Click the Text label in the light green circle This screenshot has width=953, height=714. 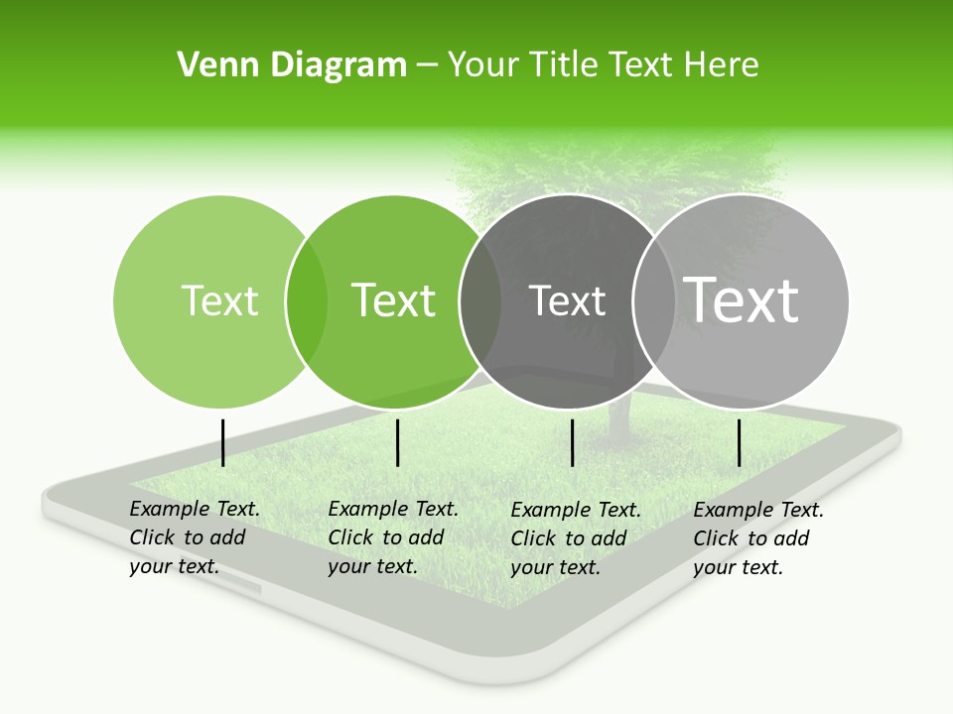point(219,300)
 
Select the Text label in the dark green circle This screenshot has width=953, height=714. point(393,300)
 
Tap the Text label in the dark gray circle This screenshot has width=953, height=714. point(567,301)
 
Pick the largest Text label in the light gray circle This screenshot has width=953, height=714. point(741,299)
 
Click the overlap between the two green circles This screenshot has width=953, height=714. point(307,300)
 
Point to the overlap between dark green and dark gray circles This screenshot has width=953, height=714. point(480,300)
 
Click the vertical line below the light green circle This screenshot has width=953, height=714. point(222,442)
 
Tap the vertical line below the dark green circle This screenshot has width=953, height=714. point(397,442)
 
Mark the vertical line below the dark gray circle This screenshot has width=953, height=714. point(572,442)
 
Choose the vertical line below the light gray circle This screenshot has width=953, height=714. point(739,442)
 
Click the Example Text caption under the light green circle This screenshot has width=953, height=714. point(194,537)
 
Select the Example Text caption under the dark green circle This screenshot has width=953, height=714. point(392,537)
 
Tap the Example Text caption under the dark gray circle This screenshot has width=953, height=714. point(575,538)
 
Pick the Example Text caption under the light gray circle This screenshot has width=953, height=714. point(757,538)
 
